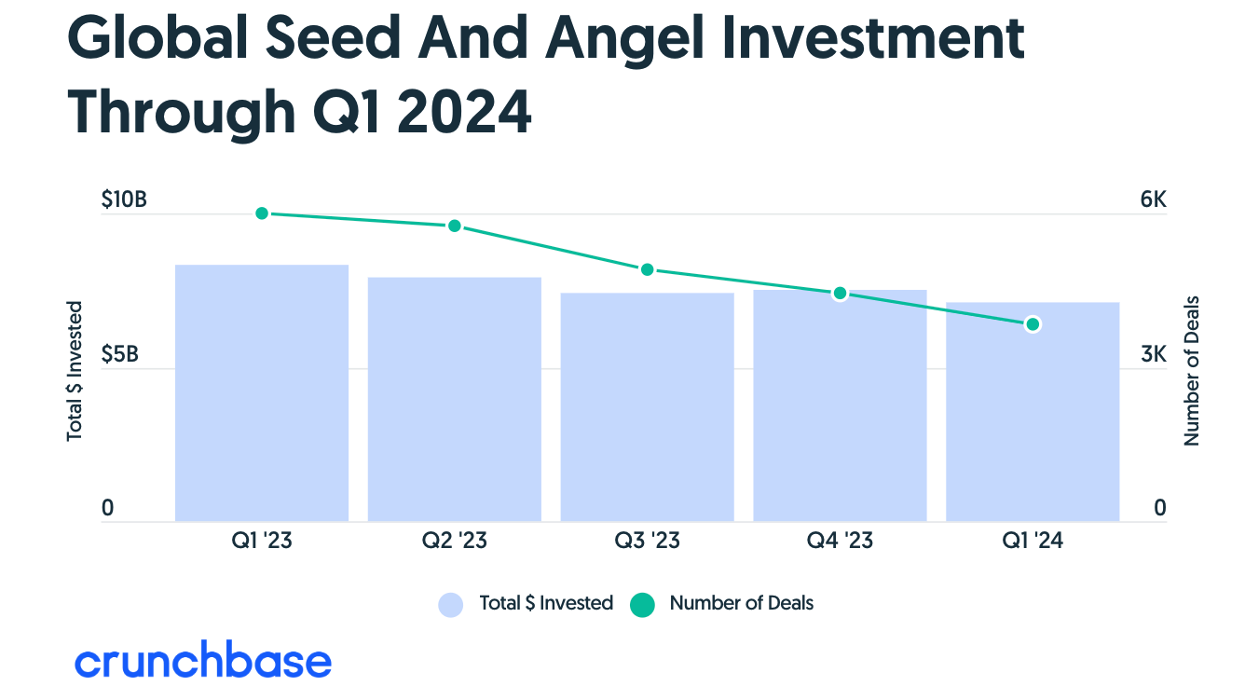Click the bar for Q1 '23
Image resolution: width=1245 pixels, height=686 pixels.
262,392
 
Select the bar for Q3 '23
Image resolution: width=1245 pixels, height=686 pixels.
647,406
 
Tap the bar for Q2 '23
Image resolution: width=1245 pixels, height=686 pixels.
455,399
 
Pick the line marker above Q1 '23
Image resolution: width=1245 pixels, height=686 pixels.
262,213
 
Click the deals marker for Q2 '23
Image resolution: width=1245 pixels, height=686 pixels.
455,226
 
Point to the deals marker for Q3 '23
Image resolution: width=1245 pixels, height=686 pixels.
648,269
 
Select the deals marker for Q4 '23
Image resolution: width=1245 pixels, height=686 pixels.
840,294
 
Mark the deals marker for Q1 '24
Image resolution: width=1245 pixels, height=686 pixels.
1033,324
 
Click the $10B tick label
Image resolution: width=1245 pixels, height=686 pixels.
124,200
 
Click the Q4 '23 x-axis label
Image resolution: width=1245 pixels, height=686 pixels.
840,541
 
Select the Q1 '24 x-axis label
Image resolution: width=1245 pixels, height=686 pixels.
1033,541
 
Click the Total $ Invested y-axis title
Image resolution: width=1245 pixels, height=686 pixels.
75,370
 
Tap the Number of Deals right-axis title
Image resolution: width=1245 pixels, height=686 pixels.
1191,370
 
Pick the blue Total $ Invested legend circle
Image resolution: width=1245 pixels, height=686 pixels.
451,605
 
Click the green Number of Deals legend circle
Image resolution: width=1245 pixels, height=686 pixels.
643,605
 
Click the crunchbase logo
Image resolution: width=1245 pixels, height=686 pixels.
203,661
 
